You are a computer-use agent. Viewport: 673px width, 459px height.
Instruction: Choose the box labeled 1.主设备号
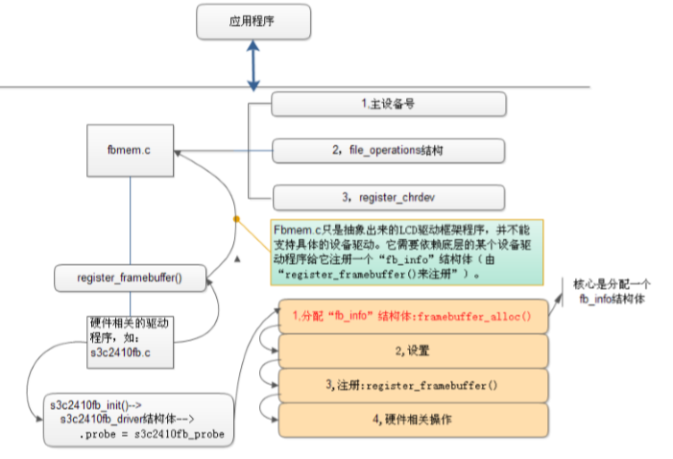(x=388, y=103)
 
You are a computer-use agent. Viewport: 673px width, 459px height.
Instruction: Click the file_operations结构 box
(x=388, y=150)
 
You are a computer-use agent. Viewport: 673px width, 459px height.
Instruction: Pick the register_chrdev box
(x=388, y=197)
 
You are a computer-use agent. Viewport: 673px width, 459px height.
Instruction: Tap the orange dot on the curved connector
(x=236, y=219)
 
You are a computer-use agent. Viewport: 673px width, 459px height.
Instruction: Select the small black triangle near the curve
(x=236, y=259)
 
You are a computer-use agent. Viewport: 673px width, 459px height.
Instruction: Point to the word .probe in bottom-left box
(x=96, y=434)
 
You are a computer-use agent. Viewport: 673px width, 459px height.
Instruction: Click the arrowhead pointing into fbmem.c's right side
(x=178, y=151)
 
